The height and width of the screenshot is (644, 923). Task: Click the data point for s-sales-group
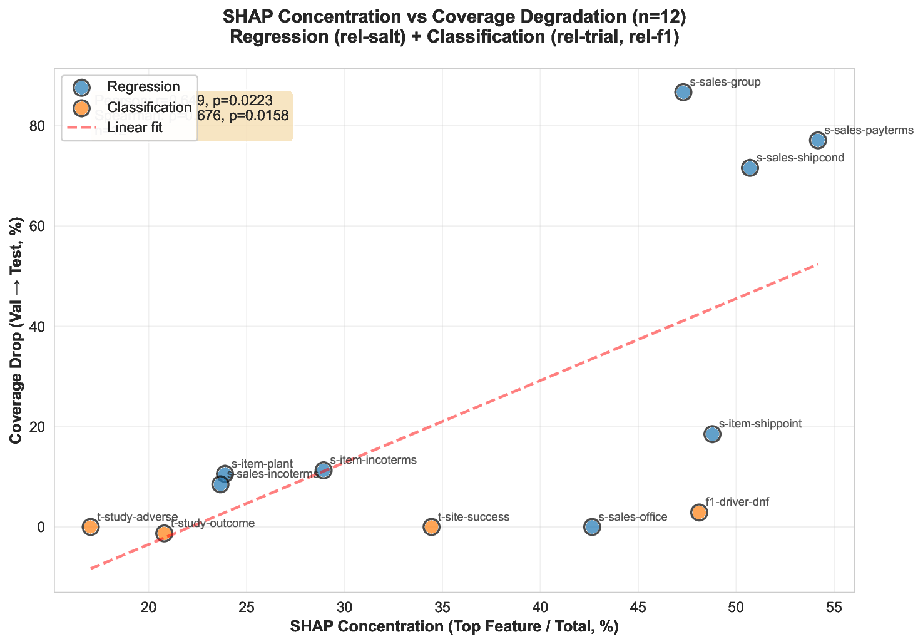click(x=683, y=93)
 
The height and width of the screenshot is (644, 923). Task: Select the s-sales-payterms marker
click(x=818, y=140)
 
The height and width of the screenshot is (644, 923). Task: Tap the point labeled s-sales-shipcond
click(x=750, y=168)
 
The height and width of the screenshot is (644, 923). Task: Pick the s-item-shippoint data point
click(x=712, y=434)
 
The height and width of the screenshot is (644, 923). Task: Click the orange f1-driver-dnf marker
click(x=699, y=513)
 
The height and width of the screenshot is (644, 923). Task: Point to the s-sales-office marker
click(x=592, y=527)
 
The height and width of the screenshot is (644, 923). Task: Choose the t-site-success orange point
click(x=431, y=527)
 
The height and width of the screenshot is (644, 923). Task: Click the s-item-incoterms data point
click(x=324, y=470)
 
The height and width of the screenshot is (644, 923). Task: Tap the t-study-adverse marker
click(x=91, y=527)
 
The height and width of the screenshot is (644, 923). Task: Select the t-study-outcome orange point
click(x=164, y=533)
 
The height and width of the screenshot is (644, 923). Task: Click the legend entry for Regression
click(x=143, y=86)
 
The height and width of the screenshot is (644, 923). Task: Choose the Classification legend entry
click(x=149, y=107)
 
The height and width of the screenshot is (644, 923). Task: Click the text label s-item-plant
click(x=262, y=464)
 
